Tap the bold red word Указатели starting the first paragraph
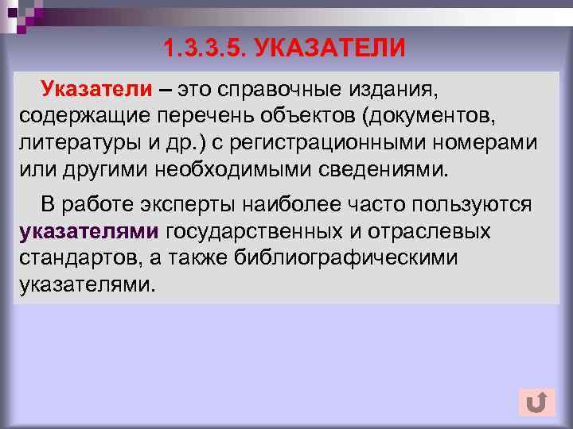pyautogui.click(x=95, y=88)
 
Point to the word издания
pyautogui.click(x=393, y=88)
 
